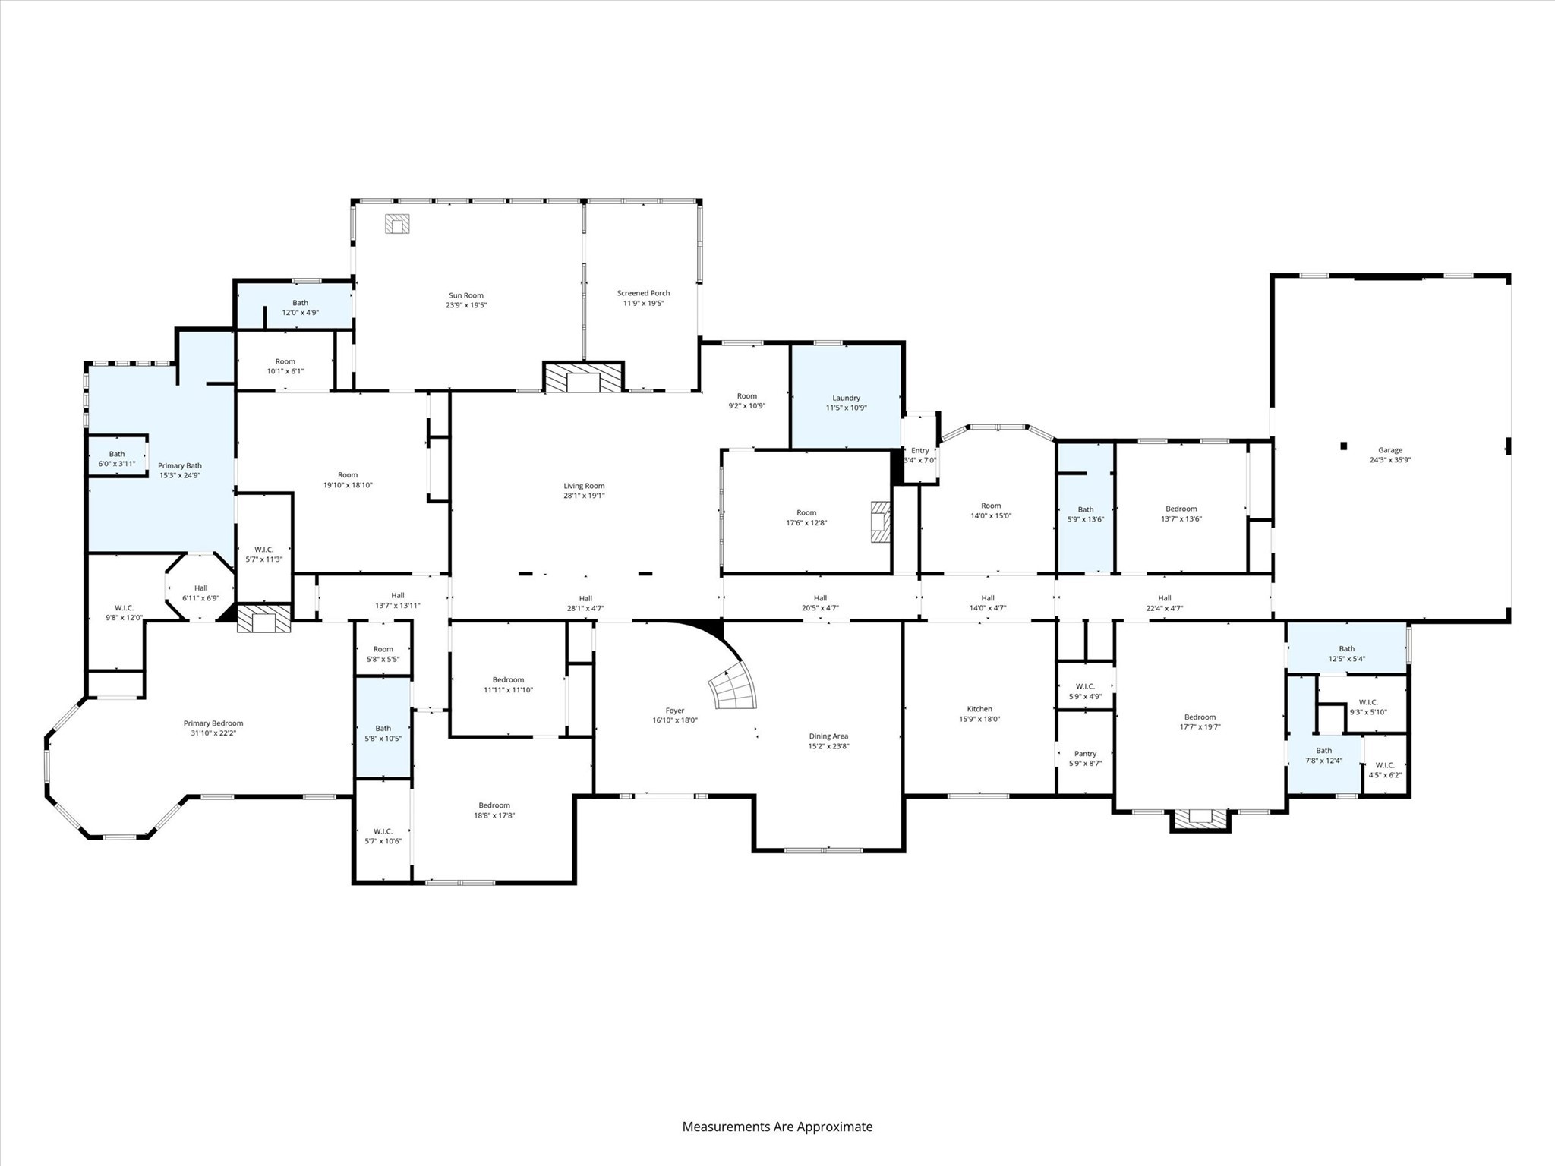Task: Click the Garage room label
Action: (x=1390, y=450)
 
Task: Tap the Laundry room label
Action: (x=846, y=398)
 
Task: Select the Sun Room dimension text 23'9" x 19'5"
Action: (x=465, y=305)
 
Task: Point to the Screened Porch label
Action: (x=643, y=293)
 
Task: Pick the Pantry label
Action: (x=1085, y=754)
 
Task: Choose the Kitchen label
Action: (x=979, y=709)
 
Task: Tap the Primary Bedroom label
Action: (x=213, y=723)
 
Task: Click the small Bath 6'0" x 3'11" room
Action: (x=117, y=458)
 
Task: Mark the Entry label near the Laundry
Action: (x=919, y=450)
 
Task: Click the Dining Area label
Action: (x=828, y=736)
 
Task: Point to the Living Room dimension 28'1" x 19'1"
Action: (x=584, y=496)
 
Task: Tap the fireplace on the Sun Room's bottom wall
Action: (x=583, y=378)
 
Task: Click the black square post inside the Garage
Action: (x=1343, y=446)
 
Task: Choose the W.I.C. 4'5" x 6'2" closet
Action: (x=1386, y=770)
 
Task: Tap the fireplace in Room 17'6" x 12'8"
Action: (x=880, y=522)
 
